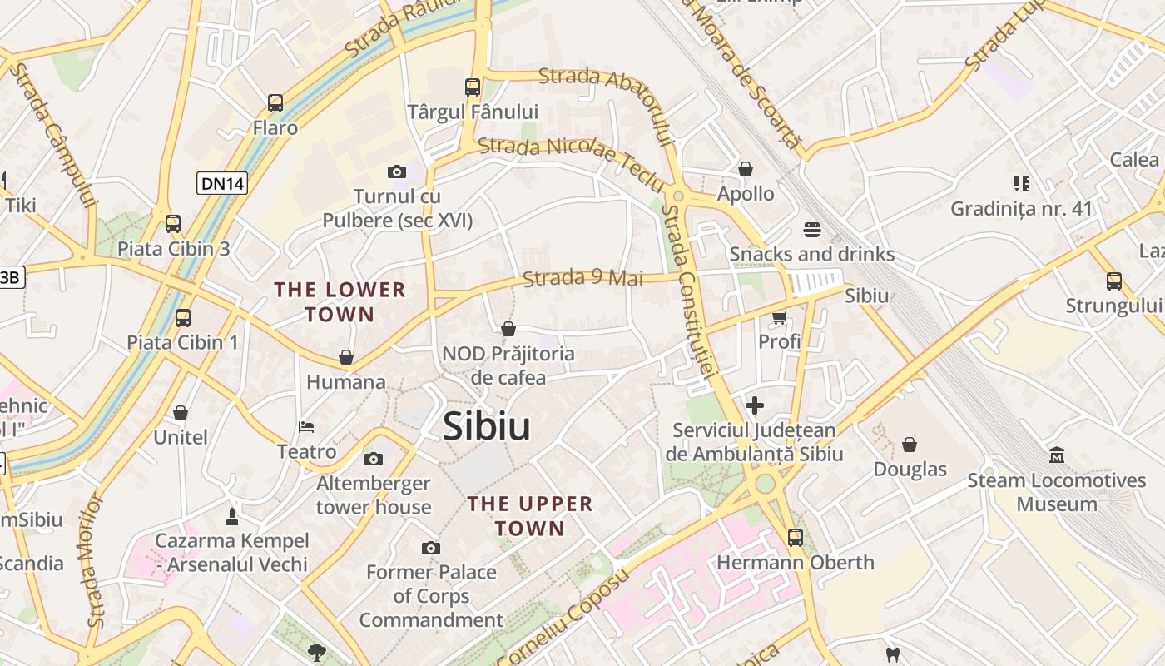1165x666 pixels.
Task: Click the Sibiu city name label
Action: (x=486, y=426)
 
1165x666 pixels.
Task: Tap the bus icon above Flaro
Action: (x=275, y=103)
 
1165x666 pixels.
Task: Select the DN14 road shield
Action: (x=222, y=183)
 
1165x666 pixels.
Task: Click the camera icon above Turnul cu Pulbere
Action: (x=397, y=172)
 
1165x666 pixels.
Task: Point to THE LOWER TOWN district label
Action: (x=340, y=302)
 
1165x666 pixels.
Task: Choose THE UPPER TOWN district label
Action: (x=530, y=516)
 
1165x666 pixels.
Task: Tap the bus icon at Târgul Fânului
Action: (x=473, y=87)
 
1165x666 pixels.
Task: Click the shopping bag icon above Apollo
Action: (x=746, y=169)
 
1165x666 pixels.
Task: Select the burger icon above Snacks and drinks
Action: (x=812, y=229)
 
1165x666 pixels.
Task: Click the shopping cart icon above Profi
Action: (x=780, y=317)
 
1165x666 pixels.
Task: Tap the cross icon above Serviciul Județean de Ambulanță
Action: (x=755, y=405)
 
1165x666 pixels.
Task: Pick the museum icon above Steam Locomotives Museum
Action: (x=1057, y=455)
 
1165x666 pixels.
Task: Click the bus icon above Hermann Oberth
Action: (x=796, y=538)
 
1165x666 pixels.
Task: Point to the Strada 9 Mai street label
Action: (x=582, y=277)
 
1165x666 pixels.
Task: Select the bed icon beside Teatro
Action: (x=306, y=427)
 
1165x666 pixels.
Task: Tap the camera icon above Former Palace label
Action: (x=430, y=548)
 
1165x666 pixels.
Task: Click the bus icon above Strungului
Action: (x=1114, y=281)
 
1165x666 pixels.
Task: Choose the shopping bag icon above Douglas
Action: (x=910, y=445)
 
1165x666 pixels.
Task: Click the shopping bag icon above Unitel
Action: (x=181, y=413)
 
